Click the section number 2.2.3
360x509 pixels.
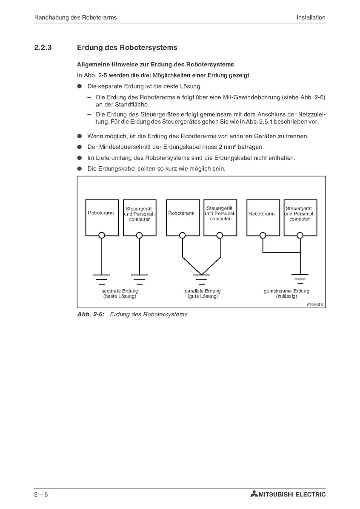click(x=43, y=48)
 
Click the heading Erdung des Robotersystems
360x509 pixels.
click(x=127, y=48)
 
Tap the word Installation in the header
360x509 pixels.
click(x=311, y=17)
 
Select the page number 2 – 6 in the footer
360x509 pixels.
click(x=41, y=494)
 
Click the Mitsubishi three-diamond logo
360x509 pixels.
click(x=254, y=494)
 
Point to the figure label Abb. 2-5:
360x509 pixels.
click(x=90, y=315)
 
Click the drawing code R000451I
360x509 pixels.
click(x=315, y=304)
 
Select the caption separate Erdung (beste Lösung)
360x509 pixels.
click(x=120, y=293)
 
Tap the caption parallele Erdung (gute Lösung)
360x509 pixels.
click(x=203, y=293)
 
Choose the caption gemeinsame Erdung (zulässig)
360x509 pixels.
click(x=286, y=293)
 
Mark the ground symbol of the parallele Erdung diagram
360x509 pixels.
click(x=201, y=279)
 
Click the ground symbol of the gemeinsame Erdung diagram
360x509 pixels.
click(x=300, y=279)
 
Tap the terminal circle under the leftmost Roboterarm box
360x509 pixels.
click(x=101, y=235)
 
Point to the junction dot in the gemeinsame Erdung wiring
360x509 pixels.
click(x=300, y=253)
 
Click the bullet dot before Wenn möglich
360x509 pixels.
click(x=79, y=136)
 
